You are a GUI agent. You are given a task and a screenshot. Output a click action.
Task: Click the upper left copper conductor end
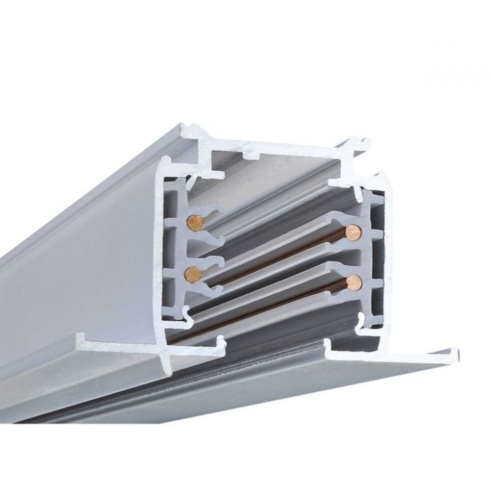pyautogui.click(x=194, y=223)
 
